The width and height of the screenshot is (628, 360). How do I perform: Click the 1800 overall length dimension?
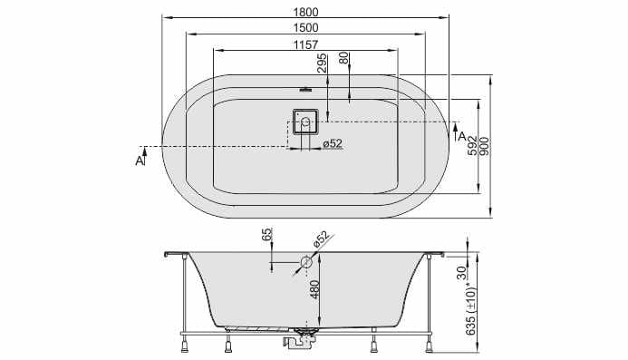[306, 12]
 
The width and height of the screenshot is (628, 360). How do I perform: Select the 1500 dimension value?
[306, 28]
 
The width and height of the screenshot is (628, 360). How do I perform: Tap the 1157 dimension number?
[305, 44]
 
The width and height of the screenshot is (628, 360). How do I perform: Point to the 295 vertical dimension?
[322, 63]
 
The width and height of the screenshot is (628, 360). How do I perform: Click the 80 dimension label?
[344, 58]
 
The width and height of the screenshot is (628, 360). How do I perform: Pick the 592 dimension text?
[473, 145]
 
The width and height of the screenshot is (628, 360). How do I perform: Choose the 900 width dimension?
[484, 146]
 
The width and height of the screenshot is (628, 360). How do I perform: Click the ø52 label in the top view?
[333, 143]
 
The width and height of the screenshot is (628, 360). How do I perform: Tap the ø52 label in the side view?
[321, 238]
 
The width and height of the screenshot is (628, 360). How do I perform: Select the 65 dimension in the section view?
[267, 234]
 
